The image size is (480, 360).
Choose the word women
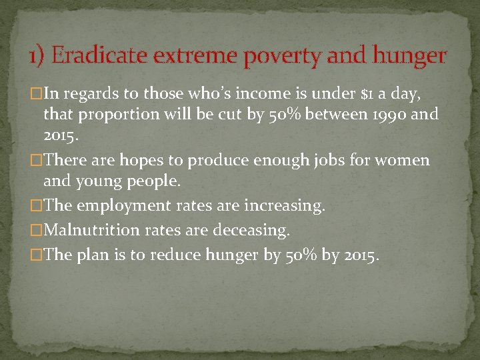(405, 161)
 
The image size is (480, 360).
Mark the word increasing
(283, 206)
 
